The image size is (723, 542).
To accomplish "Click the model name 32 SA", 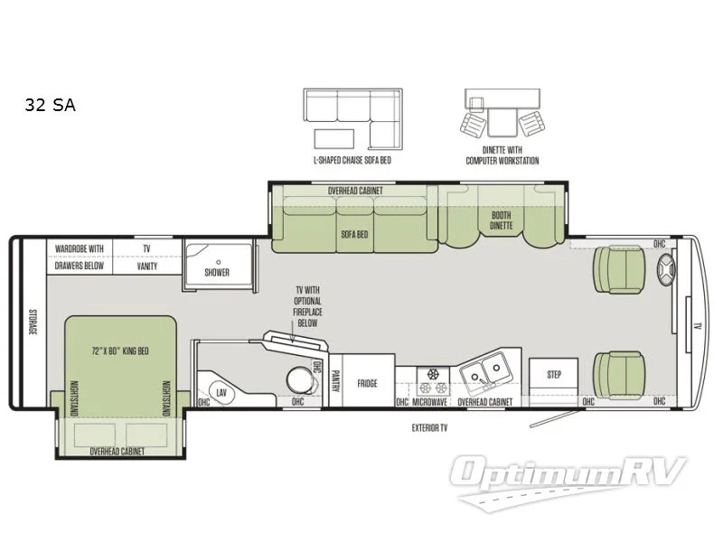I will (51, 106).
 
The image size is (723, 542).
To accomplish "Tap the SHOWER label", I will (217, 272).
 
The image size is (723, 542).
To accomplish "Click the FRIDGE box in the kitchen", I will (366, 382).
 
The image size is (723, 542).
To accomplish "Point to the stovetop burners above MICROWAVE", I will (432, 373).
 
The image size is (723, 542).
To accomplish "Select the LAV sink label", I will (221, 393).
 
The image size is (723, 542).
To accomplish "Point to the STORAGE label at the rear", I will (32, 321).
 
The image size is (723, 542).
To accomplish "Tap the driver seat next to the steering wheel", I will (620, 270).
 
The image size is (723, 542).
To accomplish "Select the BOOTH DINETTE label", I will (502, 220).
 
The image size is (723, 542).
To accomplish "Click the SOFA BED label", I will (355, 232).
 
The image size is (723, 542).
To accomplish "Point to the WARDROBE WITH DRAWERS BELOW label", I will (80, 257).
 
